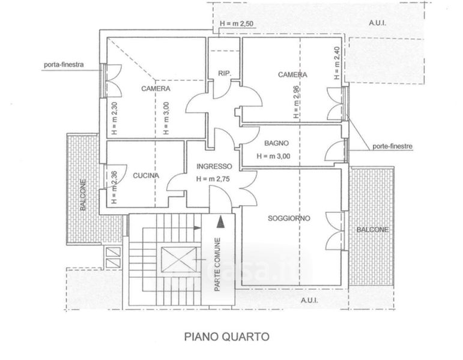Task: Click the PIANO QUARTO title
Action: pyautogui.click(x=227, y=337)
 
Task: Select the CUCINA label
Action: pyautogui.click(x=146, y=176)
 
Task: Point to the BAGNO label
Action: pyautogui.click(x=276, y=143)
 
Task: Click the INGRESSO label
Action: pyautogui.click(x=214, y=166)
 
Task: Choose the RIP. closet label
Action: pyautogui.click(x=225, y=73)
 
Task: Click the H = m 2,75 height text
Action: pyautogui.click(x=213, y=179)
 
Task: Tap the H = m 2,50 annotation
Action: pyautogui.click(x=237, y=23)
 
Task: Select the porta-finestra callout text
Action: pyautogui.click(x=64, y=64)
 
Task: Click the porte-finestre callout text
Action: pyautogui.click(x=392, y=146)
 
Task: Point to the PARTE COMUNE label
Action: pyautogui.click(x=217, y=265)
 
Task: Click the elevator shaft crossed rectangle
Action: pyautogui.click(x=179, y=259)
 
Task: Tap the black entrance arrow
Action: pyautogui.click(x=220, y=221)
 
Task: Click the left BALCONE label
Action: pyautogui.click(x=83, y=195)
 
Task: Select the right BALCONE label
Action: pyautogui.click(x=373, y=230)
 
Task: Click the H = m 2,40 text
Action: pyautogui.click(x=337, y=63)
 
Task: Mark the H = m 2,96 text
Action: pyautogui.click(x=296, y=102)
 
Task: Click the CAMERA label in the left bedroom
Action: pyautogui.click(x=156, y=89)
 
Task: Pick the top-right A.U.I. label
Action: pyautogui.click(x=377, y=23)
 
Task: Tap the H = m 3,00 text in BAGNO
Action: pyautogui.click(x=273, y=156)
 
